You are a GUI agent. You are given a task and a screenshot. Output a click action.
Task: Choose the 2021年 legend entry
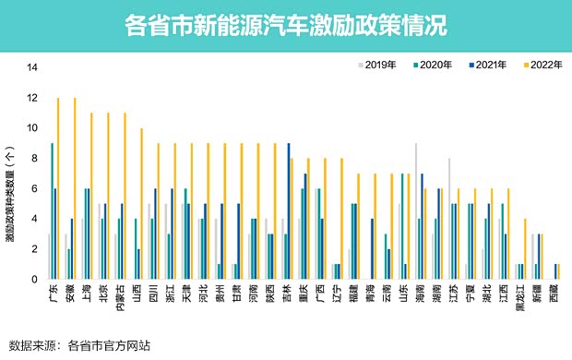click(485, 64)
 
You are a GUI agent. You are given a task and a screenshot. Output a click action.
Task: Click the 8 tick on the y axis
click(35, 158)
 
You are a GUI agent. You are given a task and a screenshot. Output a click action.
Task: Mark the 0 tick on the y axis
click(35, 279)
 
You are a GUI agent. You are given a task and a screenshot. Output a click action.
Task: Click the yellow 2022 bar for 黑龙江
click(525, 248)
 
